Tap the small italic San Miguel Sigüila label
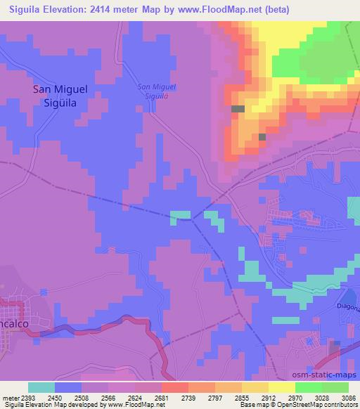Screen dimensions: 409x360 point(156,91)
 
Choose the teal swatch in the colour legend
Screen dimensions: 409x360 point(41,387)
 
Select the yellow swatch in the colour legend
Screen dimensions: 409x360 point(281,387)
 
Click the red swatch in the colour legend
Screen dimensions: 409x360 point(175,387)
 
